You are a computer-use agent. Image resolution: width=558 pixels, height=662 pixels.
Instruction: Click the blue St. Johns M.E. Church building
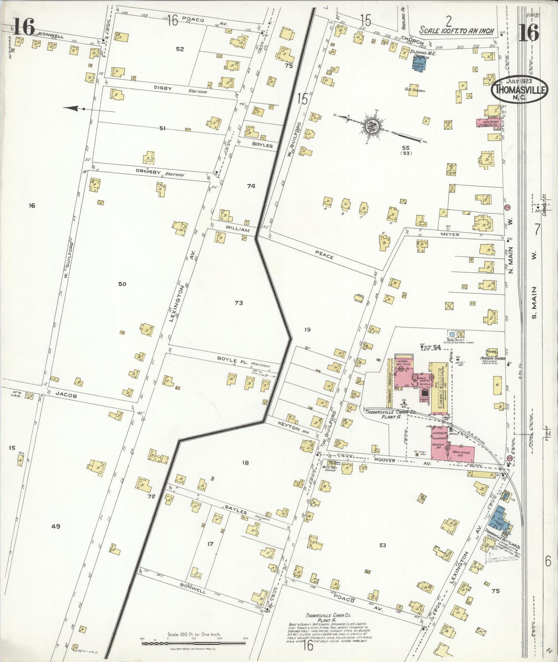pos(420,63)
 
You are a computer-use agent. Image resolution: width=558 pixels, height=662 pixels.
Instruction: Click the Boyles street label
pos(263,146)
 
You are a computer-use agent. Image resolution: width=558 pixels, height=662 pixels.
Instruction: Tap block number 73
pos(239,303)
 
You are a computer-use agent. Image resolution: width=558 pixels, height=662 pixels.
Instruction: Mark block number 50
pos(122,284)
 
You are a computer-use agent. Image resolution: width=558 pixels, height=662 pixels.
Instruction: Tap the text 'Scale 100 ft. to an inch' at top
pos(456,31)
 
